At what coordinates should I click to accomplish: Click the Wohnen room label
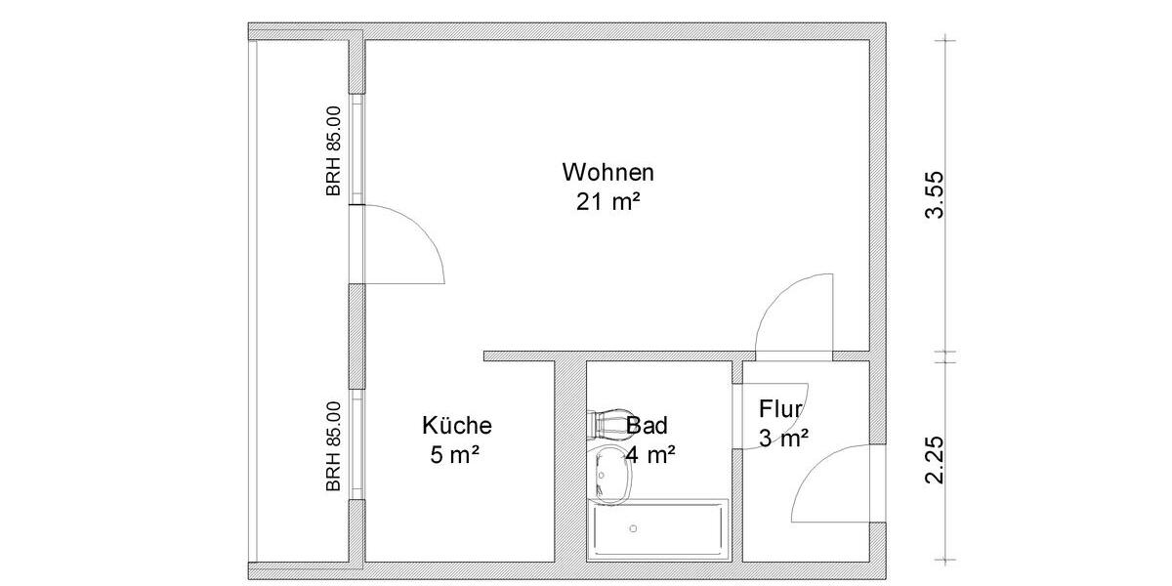click(607, 173)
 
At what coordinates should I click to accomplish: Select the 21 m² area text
click(607, 202)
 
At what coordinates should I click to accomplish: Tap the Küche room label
click(457, 426)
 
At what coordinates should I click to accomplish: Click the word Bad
click(647, 426)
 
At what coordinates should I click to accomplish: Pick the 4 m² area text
click(651, 454)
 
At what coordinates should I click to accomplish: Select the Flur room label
click(780, 409)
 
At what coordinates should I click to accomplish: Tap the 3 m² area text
click(782, 439)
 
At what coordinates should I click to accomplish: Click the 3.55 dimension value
click(935, 195)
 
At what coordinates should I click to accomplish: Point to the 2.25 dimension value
click(935, 460)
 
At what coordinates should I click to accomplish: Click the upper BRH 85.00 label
click(334, 151)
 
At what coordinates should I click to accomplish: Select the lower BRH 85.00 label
click(334, 445)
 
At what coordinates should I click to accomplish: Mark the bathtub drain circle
click(634, 528)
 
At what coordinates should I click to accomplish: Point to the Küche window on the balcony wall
click(358, 445)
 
